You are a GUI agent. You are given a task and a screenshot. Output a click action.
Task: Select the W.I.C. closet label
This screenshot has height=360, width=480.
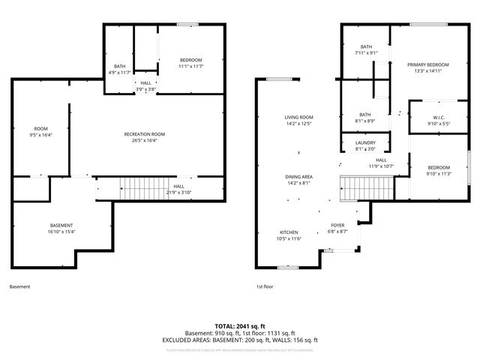coord(439,116)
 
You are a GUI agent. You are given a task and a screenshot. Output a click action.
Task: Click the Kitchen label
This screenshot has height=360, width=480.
coord(289,232)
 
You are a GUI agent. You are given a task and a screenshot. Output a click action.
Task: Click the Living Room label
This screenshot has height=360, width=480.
coord(298,118)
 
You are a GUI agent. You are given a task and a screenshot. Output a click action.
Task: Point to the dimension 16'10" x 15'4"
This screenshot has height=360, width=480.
coord(61,232)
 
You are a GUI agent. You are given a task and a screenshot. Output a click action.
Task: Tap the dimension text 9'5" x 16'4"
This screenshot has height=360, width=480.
coord(40,136)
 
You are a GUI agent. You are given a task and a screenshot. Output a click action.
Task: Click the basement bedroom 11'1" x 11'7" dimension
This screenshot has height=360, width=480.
coord(190,67)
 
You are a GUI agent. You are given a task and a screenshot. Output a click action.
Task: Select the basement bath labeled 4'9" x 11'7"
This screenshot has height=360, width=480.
coord(119,72)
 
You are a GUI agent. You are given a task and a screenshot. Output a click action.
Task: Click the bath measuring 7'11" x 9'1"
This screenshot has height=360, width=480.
coord(366,53)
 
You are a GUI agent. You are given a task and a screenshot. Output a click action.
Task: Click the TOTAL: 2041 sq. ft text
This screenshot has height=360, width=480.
coord(239,326)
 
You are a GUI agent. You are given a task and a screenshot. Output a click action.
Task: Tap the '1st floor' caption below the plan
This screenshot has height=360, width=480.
coord(265,286)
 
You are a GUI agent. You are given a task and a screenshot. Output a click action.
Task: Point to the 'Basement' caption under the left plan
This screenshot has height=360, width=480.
coord(20,286)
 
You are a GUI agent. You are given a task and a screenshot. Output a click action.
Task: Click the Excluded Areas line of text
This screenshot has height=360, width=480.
coord(239,340)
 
